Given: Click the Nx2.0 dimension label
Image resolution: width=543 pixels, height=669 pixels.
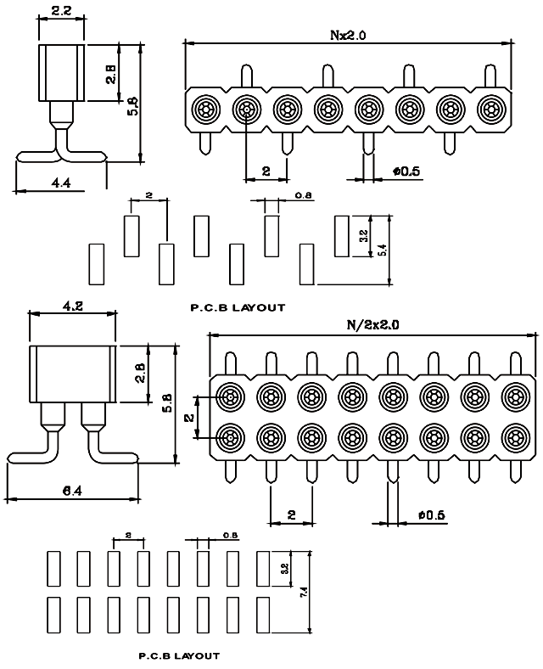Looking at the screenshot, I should (348, 35).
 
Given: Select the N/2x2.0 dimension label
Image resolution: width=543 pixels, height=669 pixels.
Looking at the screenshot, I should (372, 324).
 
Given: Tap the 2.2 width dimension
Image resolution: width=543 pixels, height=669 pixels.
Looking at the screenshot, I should (61, 12).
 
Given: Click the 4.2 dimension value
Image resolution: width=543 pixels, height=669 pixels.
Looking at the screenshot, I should (72, 307).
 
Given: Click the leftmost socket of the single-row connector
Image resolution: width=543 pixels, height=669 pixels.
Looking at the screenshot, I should (205, 110).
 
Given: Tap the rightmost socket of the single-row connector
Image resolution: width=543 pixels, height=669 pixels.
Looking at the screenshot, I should (490, 110).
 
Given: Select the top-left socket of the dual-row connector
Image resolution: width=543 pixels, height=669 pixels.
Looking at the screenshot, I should (230, 396).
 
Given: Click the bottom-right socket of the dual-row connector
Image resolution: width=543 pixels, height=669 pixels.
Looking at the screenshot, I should (514, 438).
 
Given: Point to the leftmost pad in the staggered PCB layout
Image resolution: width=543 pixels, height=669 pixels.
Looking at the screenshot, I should (95, 264).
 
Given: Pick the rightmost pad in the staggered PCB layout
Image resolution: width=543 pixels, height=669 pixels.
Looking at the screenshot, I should (342, 235).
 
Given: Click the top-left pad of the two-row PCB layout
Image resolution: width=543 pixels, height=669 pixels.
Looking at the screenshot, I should (53, 566).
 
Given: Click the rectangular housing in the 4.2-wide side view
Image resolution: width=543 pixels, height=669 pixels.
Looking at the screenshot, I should (71, 374).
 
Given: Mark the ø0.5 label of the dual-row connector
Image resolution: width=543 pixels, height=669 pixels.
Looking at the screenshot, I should (432, 514).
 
